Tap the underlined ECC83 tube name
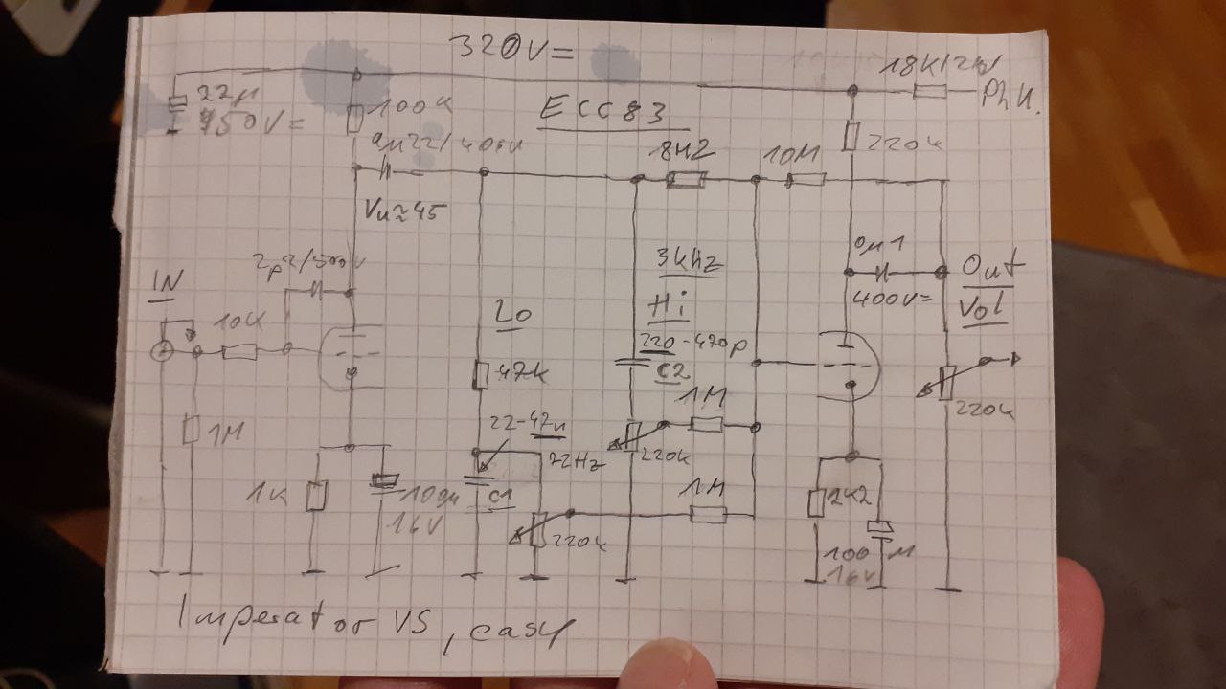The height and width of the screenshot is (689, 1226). pyautogui.click(x=613, y=111)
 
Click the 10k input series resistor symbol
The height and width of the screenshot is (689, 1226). pyautogui.click(x=238, y=353)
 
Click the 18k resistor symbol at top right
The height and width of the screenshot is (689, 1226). pyautogui.click(x=930, y=93)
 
